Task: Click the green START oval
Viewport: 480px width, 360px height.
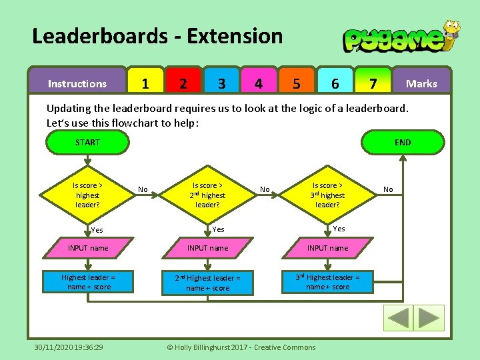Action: (87, 142)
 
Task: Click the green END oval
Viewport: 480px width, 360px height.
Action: (403, 142)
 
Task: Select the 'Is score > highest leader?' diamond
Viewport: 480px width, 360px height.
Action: (87, 195)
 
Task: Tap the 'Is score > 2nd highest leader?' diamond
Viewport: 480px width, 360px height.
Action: (207, 195)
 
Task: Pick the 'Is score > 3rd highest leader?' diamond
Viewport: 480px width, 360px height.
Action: (327, 195)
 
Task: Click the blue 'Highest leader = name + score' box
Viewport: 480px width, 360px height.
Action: (87, 281)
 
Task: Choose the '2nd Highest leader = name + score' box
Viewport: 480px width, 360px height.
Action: (207, 283)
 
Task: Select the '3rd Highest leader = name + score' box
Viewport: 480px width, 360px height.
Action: (327, 281)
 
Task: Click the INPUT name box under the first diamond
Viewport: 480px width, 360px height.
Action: (87, 248)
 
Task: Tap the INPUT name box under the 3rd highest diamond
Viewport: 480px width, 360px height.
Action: (327, 248)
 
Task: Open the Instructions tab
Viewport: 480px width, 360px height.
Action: (77, 83)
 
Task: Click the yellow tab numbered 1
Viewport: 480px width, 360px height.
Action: (145, 83)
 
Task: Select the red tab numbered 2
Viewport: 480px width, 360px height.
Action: (183, 83)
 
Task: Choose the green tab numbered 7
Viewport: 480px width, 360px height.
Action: (373, 83)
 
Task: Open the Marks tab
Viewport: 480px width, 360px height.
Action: (421, 83)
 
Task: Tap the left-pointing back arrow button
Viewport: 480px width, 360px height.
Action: (399, 318)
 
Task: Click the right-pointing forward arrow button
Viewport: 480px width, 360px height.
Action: (429, 318)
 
